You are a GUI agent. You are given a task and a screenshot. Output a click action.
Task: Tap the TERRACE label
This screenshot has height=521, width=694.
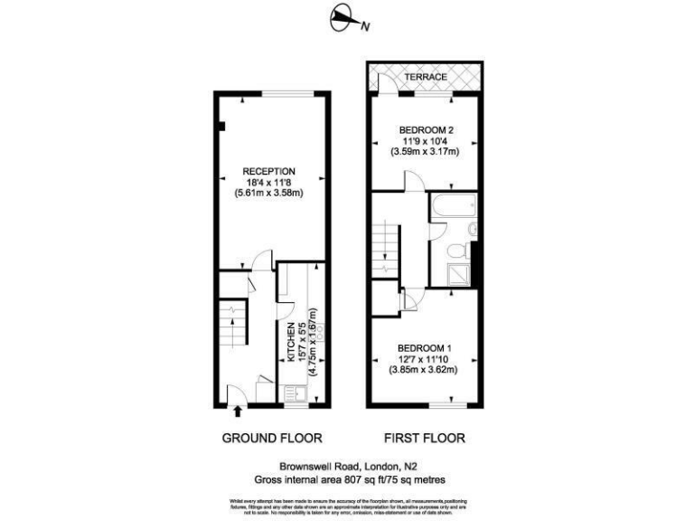pos(425,78)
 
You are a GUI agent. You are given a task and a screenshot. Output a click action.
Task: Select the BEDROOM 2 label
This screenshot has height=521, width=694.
pos(426,130)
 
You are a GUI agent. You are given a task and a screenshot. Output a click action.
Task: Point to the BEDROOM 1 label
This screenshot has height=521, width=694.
pos(425,348)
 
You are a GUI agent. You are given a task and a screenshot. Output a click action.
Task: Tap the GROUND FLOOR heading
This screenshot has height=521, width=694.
pos(272,439)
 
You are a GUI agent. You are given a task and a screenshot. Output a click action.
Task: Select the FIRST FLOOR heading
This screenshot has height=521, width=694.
pos(425,439)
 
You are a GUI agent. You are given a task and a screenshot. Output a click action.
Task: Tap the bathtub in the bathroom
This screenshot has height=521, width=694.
pos(451,207)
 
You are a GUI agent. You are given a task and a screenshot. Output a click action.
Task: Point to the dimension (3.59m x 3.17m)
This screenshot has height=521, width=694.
pos(426,152)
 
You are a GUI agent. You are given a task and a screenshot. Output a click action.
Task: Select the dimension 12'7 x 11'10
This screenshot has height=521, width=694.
pos(425,359)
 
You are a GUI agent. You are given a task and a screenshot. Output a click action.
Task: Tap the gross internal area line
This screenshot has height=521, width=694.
pos(349,479)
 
